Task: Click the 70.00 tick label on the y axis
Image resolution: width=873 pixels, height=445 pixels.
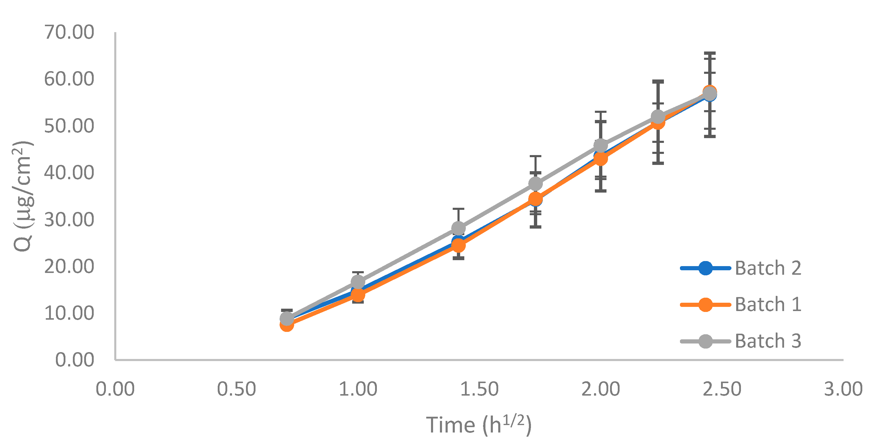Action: pos(69,32)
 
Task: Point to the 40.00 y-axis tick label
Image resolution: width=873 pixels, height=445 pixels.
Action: pos(69,173)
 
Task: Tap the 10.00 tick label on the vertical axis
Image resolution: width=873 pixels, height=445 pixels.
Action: pos(69,313)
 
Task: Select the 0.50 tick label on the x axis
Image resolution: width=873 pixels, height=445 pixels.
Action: pos(236,389)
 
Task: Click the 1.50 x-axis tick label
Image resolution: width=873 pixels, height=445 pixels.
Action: pos(479,389)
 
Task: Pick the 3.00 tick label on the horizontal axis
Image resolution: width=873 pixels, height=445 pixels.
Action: pos(843,389)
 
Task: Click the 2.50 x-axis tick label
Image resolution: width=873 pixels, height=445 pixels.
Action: pos(722,389)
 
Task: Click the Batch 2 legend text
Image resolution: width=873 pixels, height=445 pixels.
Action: pos(768,268)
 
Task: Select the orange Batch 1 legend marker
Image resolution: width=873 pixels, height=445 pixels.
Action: pos(705,305)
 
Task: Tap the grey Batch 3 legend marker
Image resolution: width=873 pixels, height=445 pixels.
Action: pos(705,341)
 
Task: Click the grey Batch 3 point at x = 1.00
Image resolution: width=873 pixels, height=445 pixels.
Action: pos(358,282)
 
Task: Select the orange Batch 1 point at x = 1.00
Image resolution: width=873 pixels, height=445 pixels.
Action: pos(358,295)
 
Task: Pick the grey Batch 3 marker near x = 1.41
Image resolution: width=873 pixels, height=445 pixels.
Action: pos(459,228)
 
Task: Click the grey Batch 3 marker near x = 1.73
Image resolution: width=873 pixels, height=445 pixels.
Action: pos(535,183)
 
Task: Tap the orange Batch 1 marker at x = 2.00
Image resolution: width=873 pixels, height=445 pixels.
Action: pos(601,159)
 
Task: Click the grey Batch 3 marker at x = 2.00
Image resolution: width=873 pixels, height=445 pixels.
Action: pos(601,146)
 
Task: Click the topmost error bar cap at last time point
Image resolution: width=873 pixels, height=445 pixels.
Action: pos(710,53)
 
